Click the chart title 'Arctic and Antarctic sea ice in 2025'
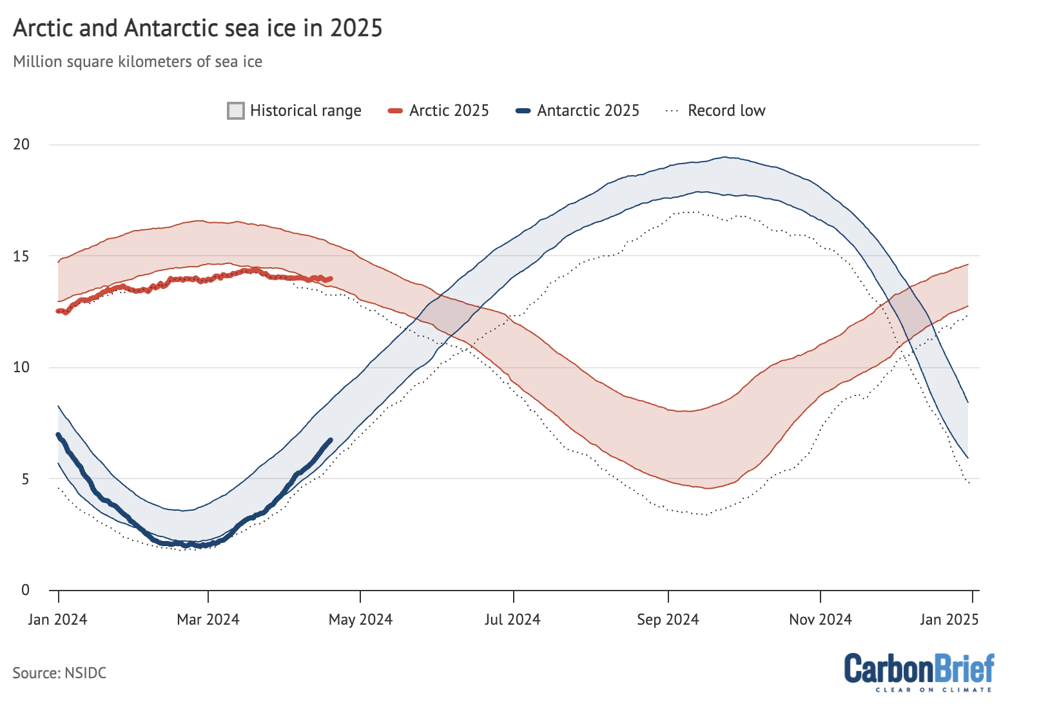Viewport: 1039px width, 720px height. (x=197, y=28)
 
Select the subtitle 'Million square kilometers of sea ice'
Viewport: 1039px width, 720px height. (x=137, y=62)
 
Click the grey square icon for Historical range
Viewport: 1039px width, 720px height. (x=236, y=111)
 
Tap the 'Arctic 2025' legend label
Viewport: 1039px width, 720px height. (x=449, y=111)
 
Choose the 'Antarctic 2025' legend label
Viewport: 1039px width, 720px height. (x=588, y=111)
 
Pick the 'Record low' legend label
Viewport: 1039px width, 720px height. (x=726, y=111)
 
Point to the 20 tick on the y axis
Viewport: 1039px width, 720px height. (x=21, y=144)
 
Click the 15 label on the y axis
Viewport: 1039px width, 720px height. (x=21, y=256)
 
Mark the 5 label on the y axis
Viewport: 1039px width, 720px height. (x=25, y=479)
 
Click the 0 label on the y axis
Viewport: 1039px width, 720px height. (x=25, y=590)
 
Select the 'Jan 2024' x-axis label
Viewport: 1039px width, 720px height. (x=57, y=620)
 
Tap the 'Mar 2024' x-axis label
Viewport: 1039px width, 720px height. (x=208, y=620)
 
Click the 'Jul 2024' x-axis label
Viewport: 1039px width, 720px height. (x=512, y=620)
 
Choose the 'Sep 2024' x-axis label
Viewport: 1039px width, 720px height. (x=668, y=620)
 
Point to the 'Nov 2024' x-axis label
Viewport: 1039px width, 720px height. (x=821, y=620)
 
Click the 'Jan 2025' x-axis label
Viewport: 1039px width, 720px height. (x=949, y=620)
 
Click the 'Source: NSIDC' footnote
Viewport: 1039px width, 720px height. (x=59, y=673)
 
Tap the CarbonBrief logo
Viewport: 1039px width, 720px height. (x=919, y=672)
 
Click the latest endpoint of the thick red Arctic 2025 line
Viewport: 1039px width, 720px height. (x=331, y=278)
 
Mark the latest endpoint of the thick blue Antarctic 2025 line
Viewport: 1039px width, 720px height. (x=331, y=440)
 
